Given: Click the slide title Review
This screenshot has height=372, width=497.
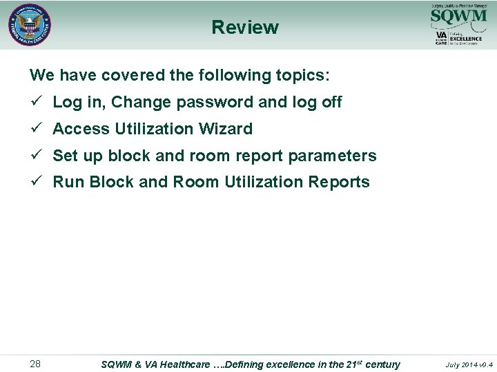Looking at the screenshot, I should click(x=245, y=28).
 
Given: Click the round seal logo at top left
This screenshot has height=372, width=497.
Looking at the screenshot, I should click(x=30, y=25).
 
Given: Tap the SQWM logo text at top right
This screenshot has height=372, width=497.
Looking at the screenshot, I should click(x=458, y=15).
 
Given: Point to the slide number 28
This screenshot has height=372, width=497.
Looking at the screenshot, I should click(x=35, y=364).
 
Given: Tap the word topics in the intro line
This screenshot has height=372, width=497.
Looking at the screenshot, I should click(x=304, y=74).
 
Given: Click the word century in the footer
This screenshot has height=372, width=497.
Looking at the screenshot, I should click(x=382, y=364).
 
